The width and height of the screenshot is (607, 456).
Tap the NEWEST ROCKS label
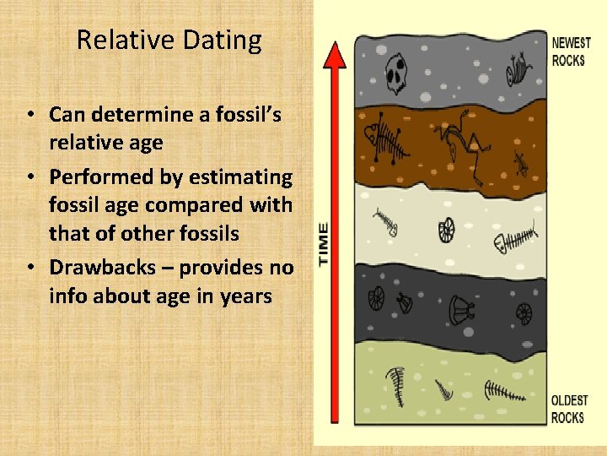[x=571, y=51]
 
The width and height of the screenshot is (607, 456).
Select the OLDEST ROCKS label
[x=569, y=409]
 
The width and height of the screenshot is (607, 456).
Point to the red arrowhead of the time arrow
[x=336, y=55]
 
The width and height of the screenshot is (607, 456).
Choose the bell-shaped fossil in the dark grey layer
[x=460, y=309]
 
